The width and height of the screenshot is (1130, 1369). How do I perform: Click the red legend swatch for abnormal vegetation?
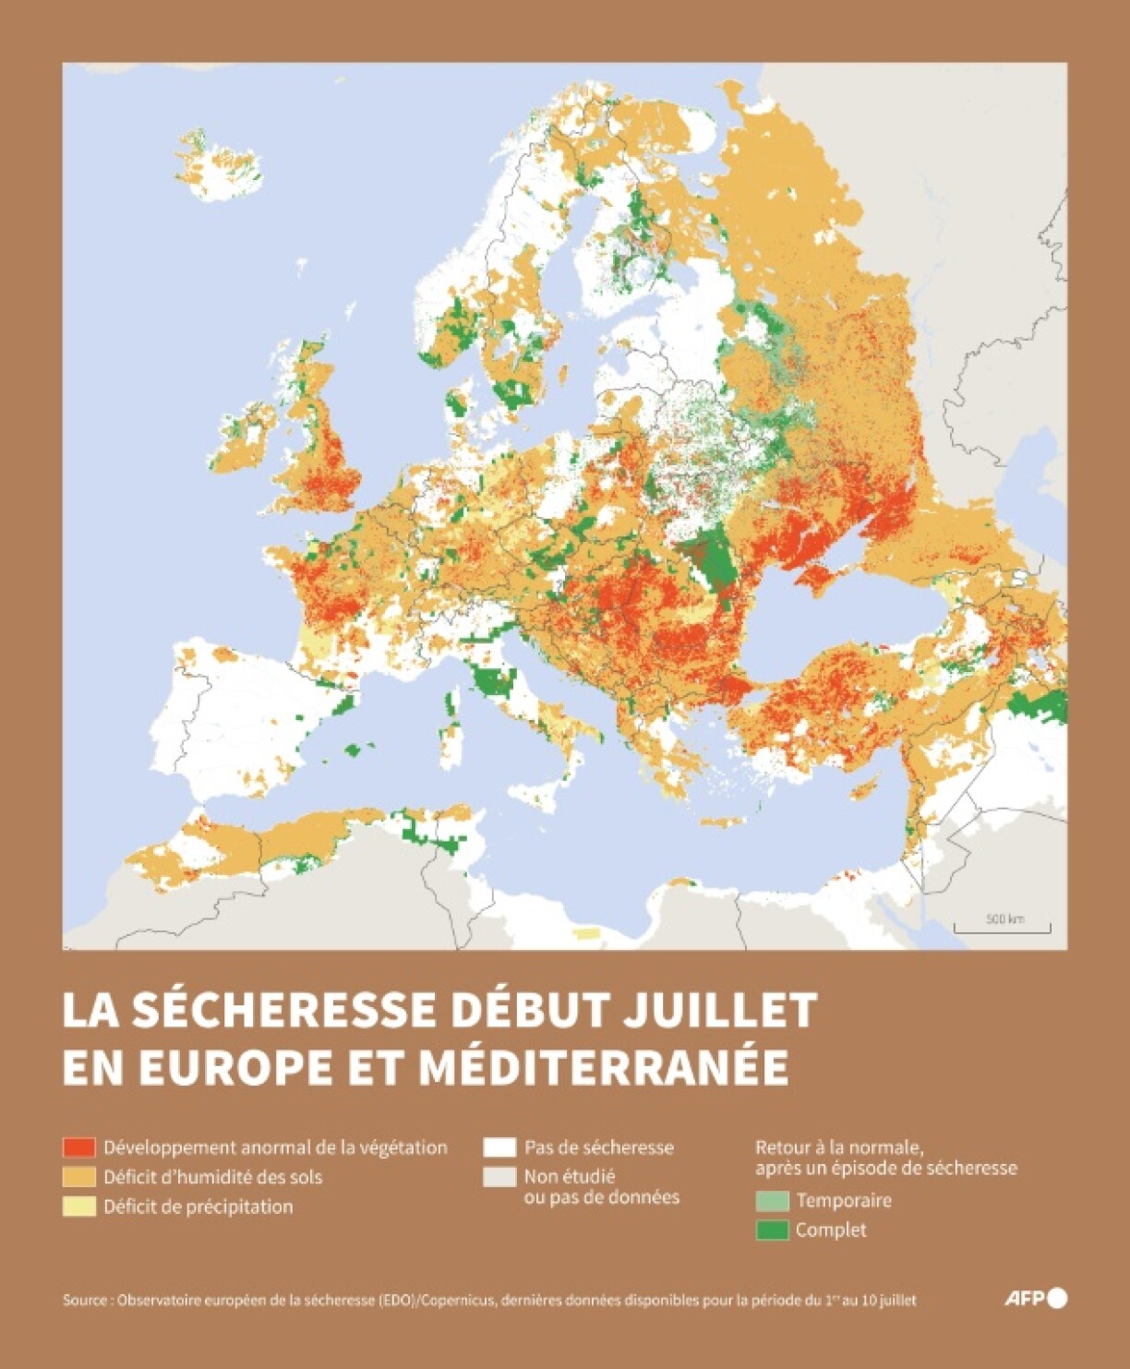click(x=78, y=1147)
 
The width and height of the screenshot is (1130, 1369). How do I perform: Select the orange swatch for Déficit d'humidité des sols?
click(x=78, y=1177)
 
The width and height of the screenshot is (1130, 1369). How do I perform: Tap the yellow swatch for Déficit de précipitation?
click(x=78, y=1207)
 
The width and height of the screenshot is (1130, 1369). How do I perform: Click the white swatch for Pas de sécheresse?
click(x=499, y=1147)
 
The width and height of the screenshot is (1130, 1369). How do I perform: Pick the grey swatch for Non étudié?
click(x=499, y=1177)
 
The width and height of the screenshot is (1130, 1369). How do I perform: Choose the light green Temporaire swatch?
click(x=772, y=1201)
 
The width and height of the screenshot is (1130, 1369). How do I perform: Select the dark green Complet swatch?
click(x=772, y=1230)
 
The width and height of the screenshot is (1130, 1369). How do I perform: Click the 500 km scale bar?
click(x=1003, y=925)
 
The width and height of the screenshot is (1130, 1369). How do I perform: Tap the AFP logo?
click(x=1035, y=1299)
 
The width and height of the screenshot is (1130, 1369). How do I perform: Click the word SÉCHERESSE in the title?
click(x=282, y=1010)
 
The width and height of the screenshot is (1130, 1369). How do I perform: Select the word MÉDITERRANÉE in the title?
click(x=604, y=1067)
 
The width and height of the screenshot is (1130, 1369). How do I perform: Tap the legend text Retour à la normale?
click(x=839, y=1147)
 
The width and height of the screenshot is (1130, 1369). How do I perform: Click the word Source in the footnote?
click(x=85, y=1300)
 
